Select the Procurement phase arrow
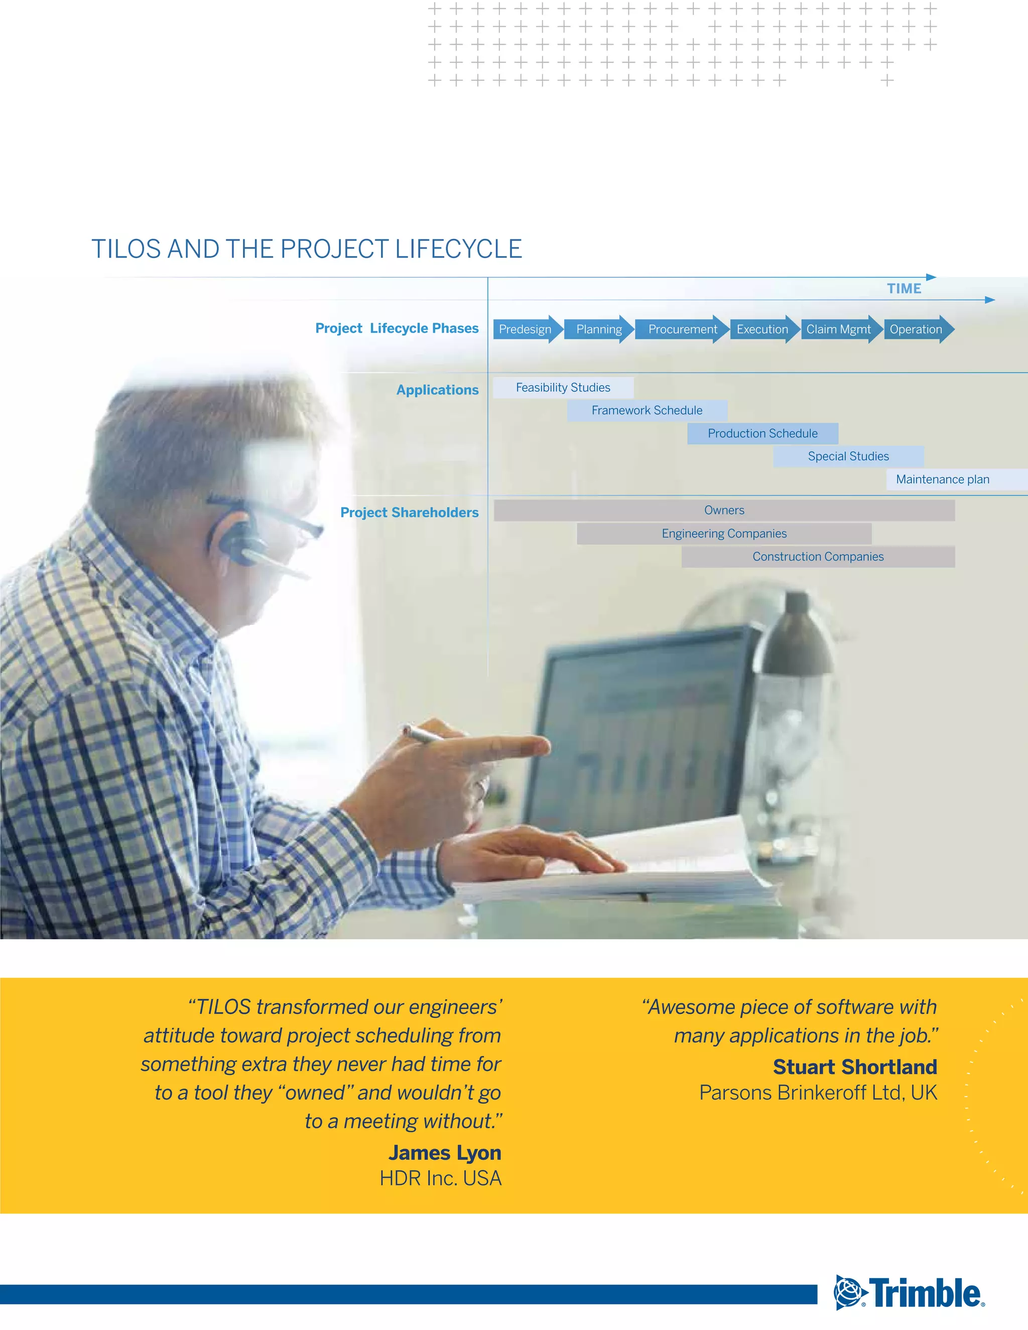coord(682,329)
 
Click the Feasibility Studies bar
coord(563,388)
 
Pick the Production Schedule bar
coord(762,434)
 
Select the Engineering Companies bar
coord(724,534)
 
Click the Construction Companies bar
coord(818,557)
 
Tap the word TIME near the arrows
coord(904,289)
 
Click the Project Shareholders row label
coord(409,513)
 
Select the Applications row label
coord(437,390)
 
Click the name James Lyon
coord(445,1153)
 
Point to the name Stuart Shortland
coord(854,1067)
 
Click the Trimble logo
coord(909,1292)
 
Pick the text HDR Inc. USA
coord(440,1178)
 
